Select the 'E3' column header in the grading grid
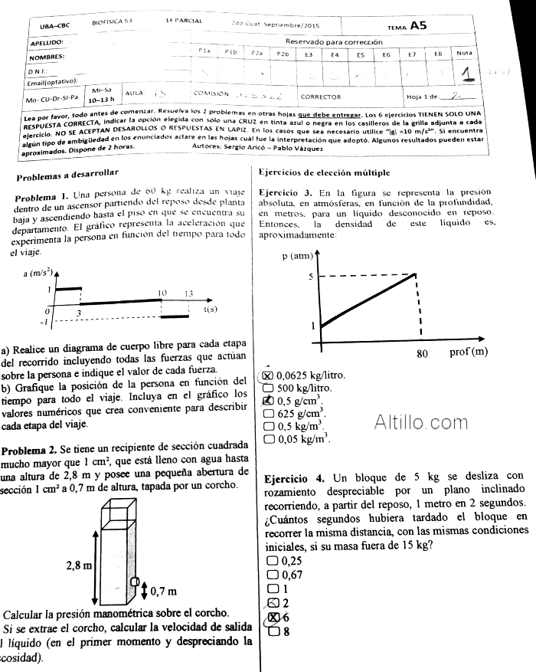pyautogui.click(x=308, y=54)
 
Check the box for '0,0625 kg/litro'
pyautogui.click(x=267, y=375)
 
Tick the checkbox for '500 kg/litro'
pyautogui.click(x=268, y=388)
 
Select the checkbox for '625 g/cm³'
pyautogui.click(x=268, y=413)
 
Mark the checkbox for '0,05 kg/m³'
pyautogui.click(x=268, y=439)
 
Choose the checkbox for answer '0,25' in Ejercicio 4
pyautogui.click(x=273, y=562)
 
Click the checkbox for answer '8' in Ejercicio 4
pyautogui.click(x=273, y=632)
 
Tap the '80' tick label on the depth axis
pyautogui.click(x=422, y=355)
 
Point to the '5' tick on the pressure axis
pyautogui.click(x=312, y=275)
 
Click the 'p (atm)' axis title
pyautogui.click(x=298, y=255)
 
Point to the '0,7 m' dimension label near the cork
pyautogui.click(x=165, y=590)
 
